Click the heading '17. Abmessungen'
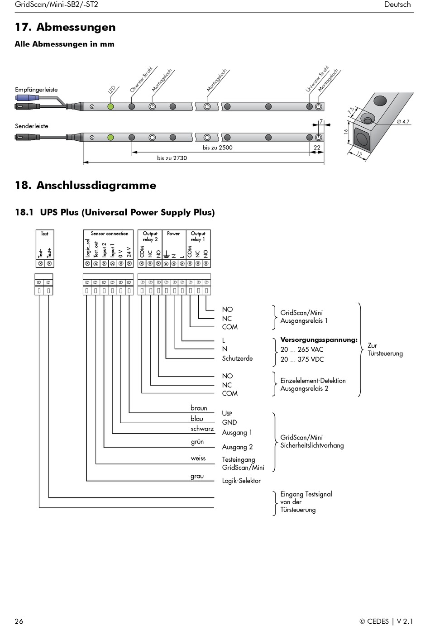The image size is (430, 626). click(x=65, y=27)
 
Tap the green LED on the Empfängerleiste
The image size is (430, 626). click(x=110, y=107)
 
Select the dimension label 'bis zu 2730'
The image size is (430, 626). click(x=172, y=158)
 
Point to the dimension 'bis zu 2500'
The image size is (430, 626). click(x=217, y=148)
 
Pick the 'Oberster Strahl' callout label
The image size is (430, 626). click(x=141, y=79)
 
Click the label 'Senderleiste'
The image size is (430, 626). click(x=31, y=126)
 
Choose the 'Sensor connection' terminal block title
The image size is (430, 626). click(x=109, y=234)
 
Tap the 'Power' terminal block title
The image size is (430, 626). click(x=173, y=234)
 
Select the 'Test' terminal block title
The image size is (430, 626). click(x=44, y=234)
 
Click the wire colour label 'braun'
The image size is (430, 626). click(x=199, y=408)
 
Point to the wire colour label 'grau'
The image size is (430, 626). click(x=197, y=476)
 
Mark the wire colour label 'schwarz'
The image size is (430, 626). click(x=202, y=429)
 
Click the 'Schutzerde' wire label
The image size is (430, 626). click(x=237, y=358)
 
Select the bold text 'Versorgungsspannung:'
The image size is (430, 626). click(x=319, y=339)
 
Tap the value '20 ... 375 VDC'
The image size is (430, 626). click(x=302, y=359)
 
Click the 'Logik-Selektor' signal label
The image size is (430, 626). click(x=241, y=481)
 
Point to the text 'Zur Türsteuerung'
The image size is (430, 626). click(x=385, y=349)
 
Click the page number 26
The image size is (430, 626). click(x=19, y=621)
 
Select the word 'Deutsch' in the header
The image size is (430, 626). click(x=397, y=5)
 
